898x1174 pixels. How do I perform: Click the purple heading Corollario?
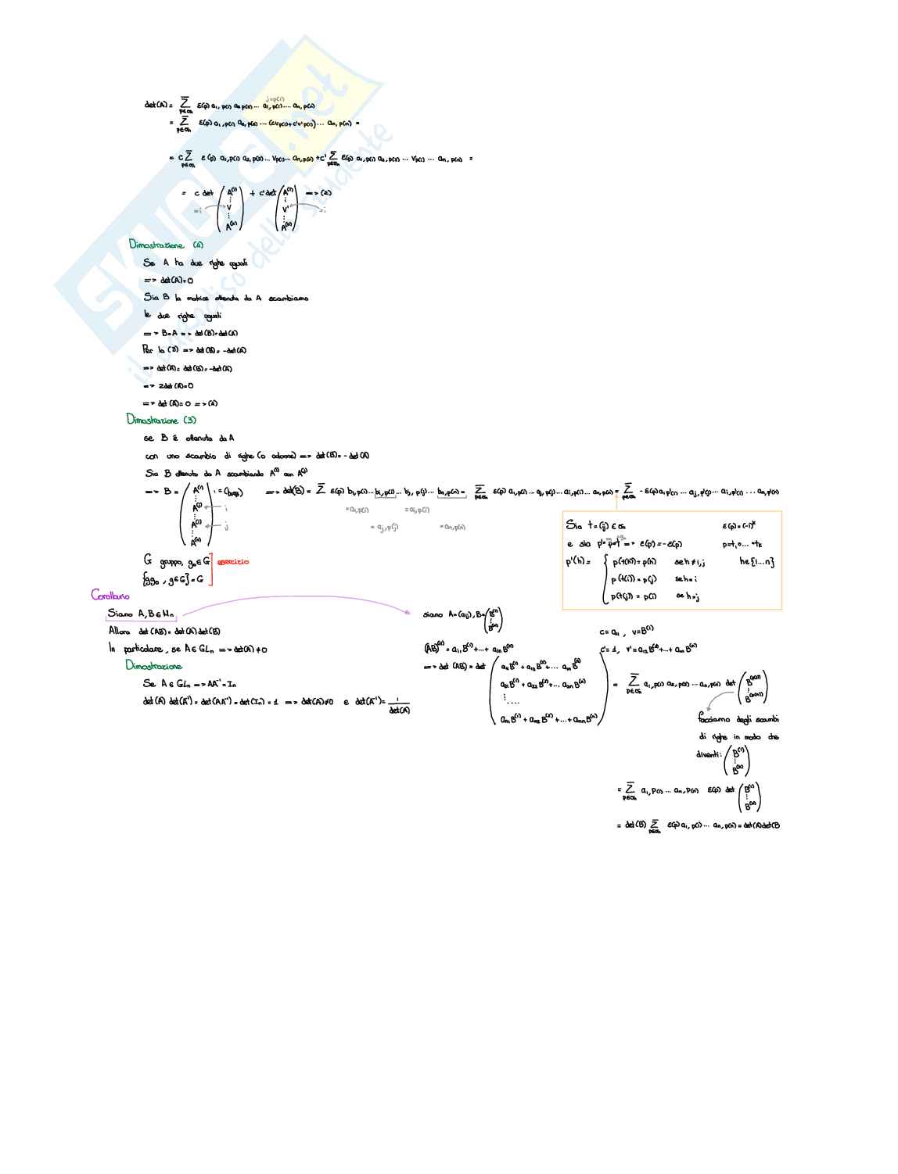pyautogui.click(x=110, y=596)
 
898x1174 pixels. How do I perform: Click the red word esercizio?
pyautogui.click(x=233, y=562)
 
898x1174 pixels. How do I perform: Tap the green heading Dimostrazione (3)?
pyautogui.click(x=162, y=420)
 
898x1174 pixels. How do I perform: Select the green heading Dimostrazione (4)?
pyautogui.click(x=166, y=245)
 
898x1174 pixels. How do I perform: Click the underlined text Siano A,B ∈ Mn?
pyautogui.click(x=141, y=614)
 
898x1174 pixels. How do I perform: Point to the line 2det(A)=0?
pyautogui.click(x=168, y=386)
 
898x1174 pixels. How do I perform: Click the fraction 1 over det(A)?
pyautogui.click(x=399, y=706)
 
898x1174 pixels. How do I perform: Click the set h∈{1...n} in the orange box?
pyautogui.click(x=756, y=561)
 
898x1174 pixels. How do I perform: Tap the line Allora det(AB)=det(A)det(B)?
pyautogui.click(x=164, y=632)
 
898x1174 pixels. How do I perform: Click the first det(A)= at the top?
pyautogui.click(x=158, y=105)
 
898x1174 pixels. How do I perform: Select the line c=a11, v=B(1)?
pyautogui.click(x=627, y=631)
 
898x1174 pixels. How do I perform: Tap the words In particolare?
pyautogui.click(x=136, y=649)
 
